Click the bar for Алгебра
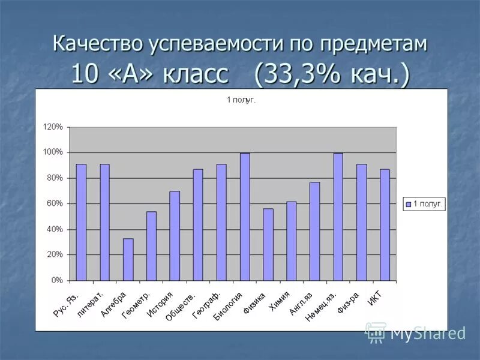point(128,260)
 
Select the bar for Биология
point(245,217)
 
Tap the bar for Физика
point(268,245)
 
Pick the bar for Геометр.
point(151,246)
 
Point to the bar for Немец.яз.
point(338,217)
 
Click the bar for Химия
point(292,241)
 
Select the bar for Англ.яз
point(315,232)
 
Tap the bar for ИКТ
point(385,225)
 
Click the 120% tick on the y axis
point(53,127)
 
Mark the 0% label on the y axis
point(57,281)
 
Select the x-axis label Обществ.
point(180,306)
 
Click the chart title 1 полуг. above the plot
point(241,100)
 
